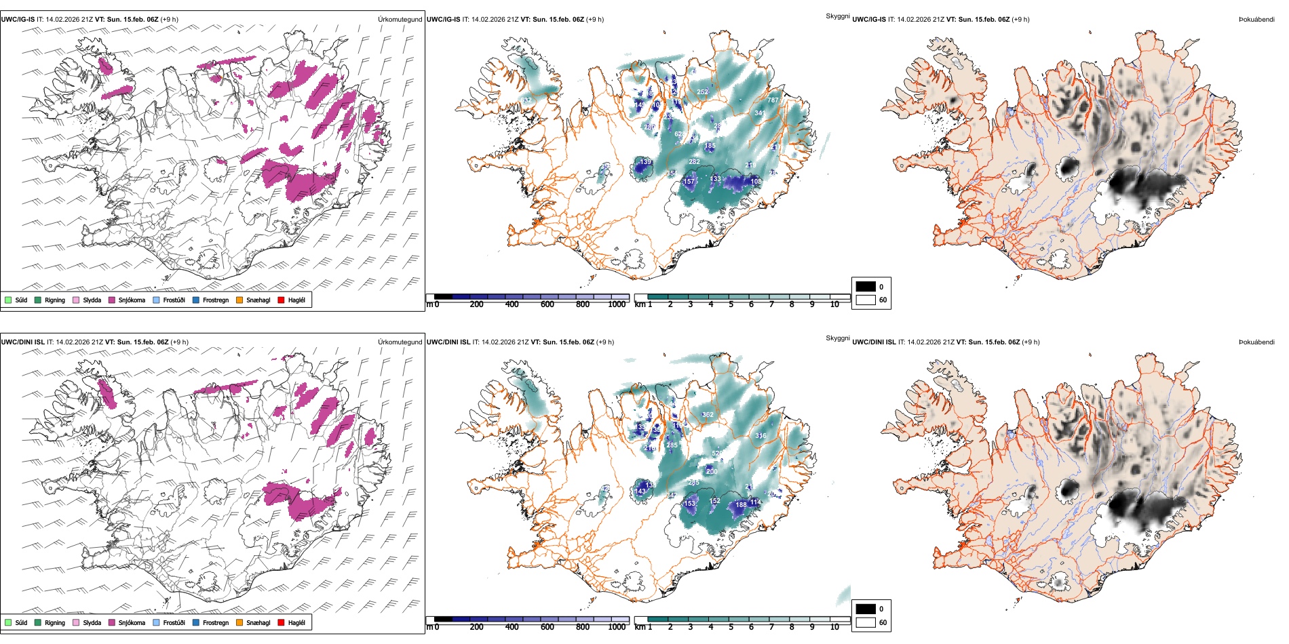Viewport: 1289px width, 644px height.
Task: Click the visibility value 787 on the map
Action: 773,100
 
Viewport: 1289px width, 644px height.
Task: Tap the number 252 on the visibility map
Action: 702,92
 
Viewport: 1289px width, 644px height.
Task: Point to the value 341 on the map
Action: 760,113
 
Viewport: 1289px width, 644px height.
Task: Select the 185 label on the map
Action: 710,146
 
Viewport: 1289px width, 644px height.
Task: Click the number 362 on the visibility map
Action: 708,415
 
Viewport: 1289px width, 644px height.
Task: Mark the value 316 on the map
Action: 761,436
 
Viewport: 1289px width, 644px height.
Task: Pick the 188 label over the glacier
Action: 741,504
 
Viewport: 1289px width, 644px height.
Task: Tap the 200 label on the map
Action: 712,471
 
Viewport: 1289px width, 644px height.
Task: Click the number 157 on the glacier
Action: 689,181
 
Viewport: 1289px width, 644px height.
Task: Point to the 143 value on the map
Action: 640,491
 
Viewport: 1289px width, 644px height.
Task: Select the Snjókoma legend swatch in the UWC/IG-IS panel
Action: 112,300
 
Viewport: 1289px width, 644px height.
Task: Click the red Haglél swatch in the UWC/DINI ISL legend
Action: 282,622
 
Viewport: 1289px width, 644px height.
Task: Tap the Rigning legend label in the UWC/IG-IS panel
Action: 55,300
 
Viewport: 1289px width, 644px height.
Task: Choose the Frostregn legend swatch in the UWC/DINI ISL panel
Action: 196,622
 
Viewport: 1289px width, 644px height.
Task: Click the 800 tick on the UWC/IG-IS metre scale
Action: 582,304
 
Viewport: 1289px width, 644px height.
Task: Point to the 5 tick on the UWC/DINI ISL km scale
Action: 731,627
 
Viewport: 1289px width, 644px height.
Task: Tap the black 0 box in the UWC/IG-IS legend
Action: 866,286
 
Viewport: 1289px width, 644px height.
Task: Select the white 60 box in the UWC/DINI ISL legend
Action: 866,622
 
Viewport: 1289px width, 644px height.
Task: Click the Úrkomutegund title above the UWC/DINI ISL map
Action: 400,342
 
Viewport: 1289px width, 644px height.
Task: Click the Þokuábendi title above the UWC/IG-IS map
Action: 1256,20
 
